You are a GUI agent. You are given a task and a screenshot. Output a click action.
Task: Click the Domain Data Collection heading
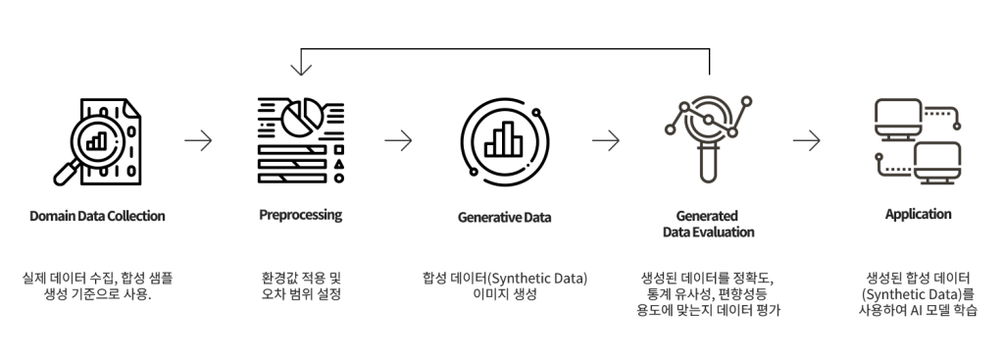click(x=97, y=216)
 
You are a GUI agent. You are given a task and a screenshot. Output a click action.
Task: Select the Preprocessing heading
click(x=300, y=215)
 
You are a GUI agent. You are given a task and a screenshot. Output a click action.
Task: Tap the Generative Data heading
click(x=504, y=217)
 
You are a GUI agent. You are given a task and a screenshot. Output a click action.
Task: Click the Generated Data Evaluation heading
click(x=708, y=224)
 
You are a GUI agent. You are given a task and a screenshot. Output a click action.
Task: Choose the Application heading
click(x=918, y=215)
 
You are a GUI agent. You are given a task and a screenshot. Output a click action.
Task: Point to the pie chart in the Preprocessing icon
click(x=301, y=117)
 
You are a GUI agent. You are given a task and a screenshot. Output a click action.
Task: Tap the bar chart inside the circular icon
click(x=504, y=139)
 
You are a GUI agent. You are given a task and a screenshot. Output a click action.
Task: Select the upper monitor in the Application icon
click(x=898, y=119)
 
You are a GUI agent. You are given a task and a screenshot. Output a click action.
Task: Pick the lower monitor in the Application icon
click(x=936, y=164)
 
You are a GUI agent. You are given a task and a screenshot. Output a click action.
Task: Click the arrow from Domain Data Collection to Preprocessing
click(x=198, y=140)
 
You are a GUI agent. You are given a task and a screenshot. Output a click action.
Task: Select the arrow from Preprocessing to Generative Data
click(x=398, y=140)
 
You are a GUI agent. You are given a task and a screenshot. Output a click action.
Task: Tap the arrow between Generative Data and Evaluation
click(x=606, y=140)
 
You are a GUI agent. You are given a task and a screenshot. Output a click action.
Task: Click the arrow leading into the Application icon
click(x=806, y=140)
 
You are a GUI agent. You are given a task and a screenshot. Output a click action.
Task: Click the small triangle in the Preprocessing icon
click(x=338, y=164)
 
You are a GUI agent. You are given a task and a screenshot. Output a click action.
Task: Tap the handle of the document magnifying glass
click(x=67, y=173)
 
